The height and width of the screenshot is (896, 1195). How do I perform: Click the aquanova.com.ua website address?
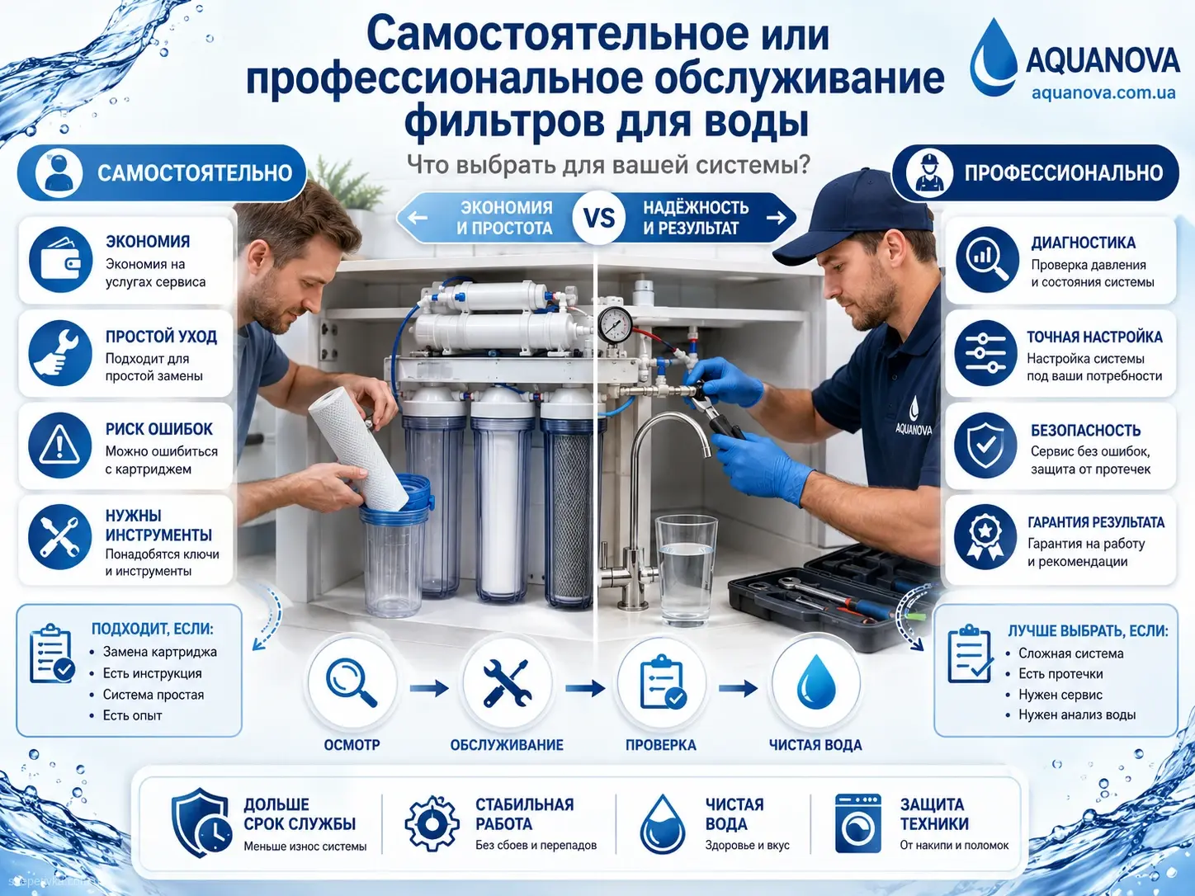1103,93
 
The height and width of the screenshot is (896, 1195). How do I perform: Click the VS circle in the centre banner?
599,218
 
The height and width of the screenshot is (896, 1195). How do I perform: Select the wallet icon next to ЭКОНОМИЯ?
60,260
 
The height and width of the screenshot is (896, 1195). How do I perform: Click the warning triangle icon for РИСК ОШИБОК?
60,446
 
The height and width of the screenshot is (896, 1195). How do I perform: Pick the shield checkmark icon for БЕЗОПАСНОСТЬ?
985,446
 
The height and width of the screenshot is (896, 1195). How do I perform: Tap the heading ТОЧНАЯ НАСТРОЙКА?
1094,337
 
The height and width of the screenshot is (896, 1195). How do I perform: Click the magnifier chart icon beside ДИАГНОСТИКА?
986,260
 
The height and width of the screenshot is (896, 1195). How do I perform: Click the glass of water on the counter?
686,571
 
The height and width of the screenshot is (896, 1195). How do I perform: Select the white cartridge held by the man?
359,450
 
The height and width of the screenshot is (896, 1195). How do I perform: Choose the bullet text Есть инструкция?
153,673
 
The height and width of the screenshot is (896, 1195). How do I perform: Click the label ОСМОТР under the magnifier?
352,745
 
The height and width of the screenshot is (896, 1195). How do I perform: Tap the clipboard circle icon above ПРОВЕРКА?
662,681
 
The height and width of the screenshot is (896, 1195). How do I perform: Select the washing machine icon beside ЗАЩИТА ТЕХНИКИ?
858,823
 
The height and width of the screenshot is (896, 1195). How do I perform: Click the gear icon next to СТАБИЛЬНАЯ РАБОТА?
432,823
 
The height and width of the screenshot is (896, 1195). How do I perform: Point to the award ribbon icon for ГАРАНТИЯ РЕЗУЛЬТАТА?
985,537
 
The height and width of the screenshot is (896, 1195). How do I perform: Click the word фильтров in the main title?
503,121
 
